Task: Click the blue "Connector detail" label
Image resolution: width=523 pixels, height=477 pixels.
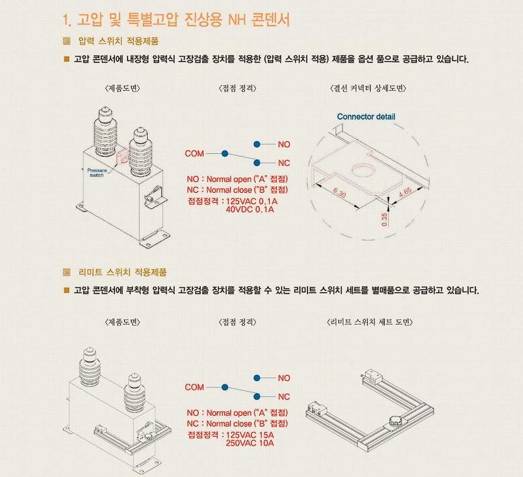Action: [366, 117]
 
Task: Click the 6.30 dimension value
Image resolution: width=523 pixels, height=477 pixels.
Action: [340, 193]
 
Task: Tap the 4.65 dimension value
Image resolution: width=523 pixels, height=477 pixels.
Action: [405, 193]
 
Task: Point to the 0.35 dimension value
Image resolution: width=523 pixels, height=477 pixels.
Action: [385, 219]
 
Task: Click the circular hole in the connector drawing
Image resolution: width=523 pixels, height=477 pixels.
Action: [363, 170]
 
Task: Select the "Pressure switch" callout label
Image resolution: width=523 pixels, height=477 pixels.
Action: [97, 173]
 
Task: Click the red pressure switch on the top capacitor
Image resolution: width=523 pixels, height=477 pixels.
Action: [122, 157]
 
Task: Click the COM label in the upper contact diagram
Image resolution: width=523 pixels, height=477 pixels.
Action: [195, 154]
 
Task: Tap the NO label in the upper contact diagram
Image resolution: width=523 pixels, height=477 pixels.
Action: [284, 144]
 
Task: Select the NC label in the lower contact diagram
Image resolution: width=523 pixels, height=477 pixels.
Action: [284, 397]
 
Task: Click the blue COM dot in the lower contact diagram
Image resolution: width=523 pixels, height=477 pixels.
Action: [225, 387]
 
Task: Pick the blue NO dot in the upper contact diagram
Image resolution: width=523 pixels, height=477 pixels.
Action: [257, 144]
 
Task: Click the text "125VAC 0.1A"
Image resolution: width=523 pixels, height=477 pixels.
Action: [252, 202]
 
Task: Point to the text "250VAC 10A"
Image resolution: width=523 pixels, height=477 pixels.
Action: [250, 443]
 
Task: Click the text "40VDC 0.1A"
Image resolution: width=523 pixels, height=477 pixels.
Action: [250, 210]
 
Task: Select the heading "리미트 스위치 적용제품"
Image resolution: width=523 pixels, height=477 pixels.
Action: [122, 272]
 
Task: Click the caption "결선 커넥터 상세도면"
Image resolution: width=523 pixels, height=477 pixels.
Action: [368, 88]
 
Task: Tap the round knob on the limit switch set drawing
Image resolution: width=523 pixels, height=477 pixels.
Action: [395, 421]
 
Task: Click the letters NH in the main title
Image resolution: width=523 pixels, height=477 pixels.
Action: [237, 20]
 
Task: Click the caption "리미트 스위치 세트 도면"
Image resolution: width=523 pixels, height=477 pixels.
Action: [370, 322]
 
